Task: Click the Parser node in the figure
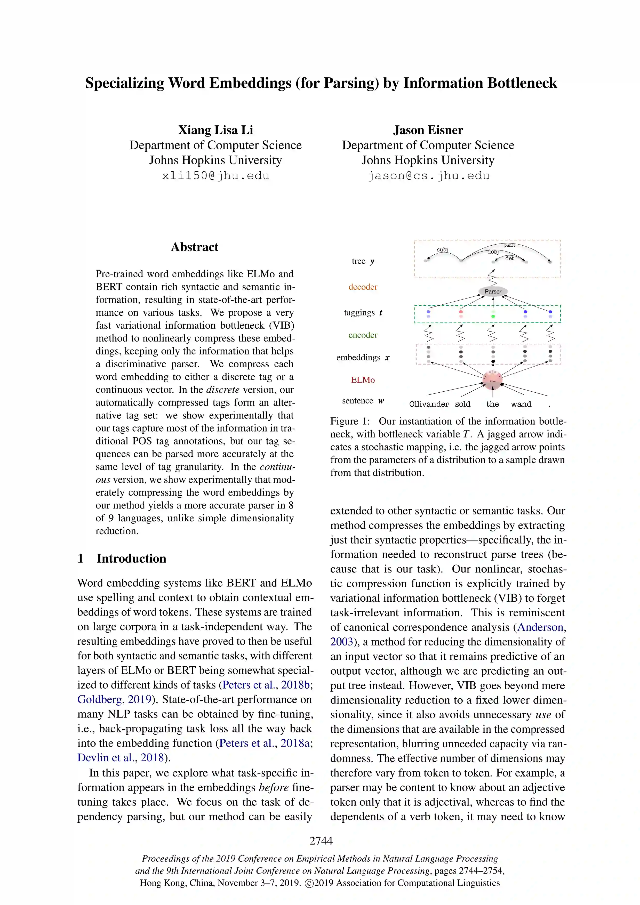493,292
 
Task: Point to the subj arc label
442,249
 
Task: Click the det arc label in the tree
509,258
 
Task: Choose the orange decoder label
363,287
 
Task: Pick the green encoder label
363,335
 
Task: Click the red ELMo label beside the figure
363,380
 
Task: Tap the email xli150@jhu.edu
216,176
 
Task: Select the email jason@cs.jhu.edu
428,176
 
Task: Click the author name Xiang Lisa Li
216,130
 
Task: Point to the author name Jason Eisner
428,130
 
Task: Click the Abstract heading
194,247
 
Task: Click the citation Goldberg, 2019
114,699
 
